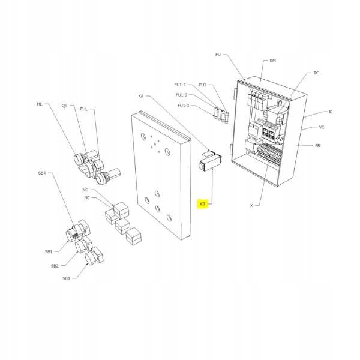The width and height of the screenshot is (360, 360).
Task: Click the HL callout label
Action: coord(40,104)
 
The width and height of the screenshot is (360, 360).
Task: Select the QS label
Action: coord(64,106)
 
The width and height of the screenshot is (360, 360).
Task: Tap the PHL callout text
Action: coord(83,109)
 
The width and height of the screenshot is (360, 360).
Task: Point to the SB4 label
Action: coord(42,173)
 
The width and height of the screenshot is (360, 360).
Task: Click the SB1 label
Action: coord(49,251)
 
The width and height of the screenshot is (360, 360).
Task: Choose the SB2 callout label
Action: coord(55,265)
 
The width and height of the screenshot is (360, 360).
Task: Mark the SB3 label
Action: coord(66,278)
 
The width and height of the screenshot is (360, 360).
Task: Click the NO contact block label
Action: coord(85,190)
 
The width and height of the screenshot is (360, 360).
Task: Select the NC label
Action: coord(87,197)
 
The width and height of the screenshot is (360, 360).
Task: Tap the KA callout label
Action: coord(141,96)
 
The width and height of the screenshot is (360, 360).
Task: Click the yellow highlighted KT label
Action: coord(203,204)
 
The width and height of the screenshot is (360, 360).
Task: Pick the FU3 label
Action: coord(203,85)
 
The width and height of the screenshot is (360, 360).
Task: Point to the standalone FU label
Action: coord(218,55)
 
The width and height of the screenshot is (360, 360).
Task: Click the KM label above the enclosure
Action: coord(273,61)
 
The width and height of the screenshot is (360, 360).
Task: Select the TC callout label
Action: coord(316,73)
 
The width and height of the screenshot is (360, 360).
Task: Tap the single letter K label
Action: coord(330,112)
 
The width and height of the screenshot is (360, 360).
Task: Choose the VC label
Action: coord(322,127)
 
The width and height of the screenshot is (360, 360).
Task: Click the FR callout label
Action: coord(317,145)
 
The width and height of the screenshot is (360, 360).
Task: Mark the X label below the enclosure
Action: coord(251,205)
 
